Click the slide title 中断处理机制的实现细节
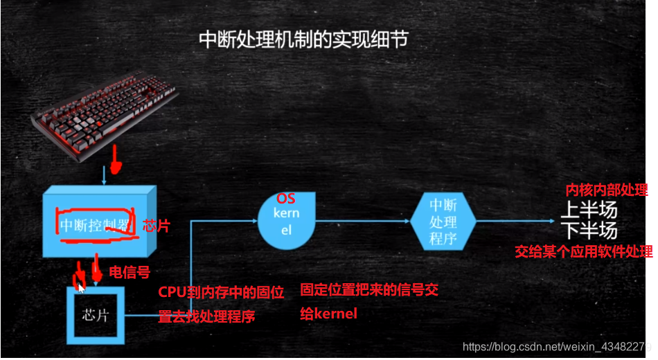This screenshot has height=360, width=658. [x=303, y=39]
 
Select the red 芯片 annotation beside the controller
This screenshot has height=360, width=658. [x=155, y=226]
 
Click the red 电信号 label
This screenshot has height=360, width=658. [x=130, y=272]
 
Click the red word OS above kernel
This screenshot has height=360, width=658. [x=285, y=199]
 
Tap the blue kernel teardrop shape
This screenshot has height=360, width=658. [x=286, y=221]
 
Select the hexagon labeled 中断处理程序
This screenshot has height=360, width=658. [x=443, y=222]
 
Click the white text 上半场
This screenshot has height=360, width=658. [x=589, y=209]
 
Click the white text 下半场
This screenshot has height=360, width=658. [x=589, y=229]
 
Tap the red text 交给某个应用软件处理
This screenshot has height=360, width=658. [x=583, y=251]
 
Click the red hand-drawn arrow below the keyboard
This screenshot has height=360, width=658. [x=116, y=164]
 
